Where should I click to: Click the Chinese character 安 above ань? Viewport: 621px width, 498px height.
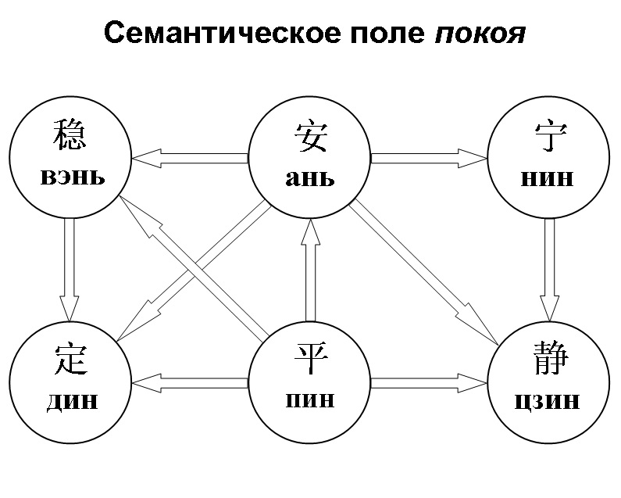tap(310, 136)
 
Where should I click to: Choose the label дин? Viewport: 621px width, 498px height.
tap(72, 400)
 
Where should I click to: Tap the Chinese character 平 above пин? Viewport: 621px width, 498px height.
tap(310, 360)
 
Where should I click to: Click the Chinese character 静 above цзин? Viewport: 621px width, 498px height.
tap(548, 360)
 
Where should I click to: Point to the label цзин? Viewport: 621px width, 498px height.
tap(548, 401)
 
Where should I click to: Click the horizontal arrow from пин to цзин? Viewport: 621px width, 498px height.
tap(429, 383)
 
